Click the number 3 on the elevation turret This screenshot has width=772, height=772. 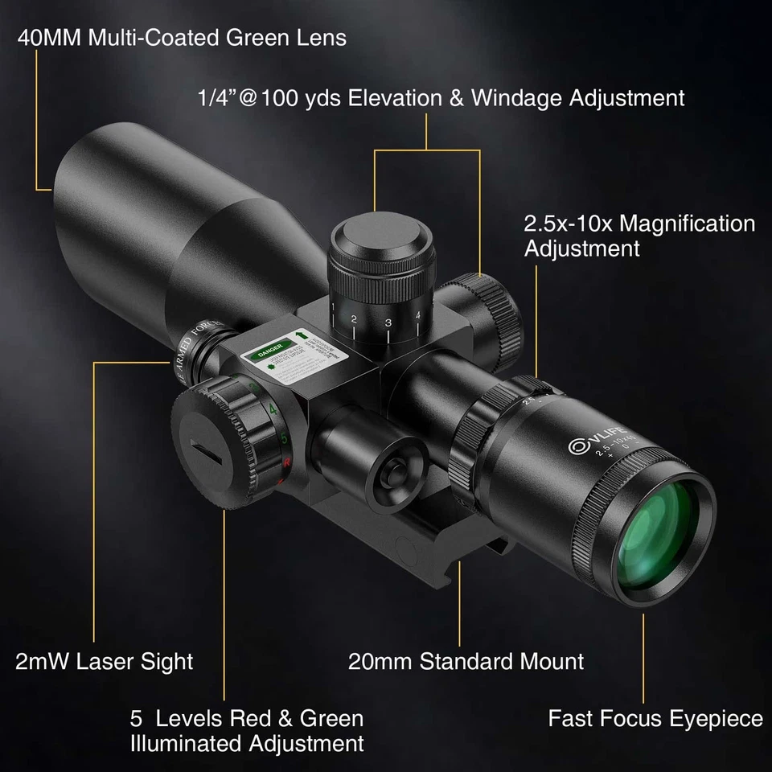[388, 323]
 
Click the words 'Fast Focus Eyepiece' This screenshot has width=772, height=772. [655, 718]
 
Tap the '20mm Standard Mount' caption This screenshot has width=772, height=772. [466, 662]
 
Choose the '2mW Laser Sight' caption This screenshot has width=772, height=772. [105, 662]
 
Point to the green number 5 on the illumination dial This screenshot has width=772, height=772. [284, 438]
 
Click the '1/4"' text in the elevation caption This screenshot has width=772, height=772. [218, 98]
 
